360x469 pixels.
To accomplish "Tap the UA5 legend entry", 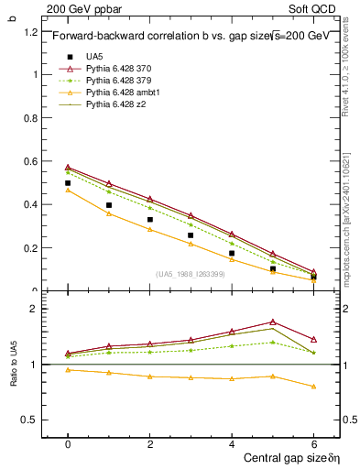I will (93, 57).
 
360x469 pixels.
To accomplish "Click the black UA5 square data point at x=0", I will (68, 183).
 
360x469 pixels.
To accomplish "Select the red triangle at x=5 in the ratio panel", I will (273, 322).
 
